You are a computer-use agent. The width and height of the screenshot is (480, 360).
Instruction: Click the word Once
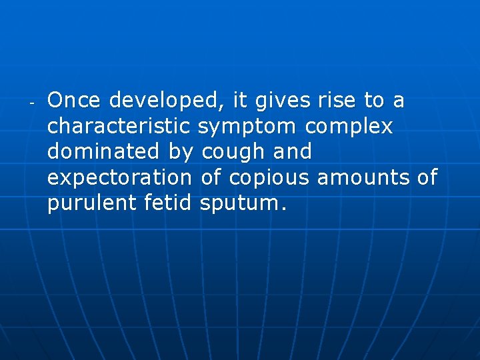tap(75, 101)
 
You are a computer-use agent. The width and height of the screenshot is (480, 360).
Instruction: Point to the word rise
tap(337, 101)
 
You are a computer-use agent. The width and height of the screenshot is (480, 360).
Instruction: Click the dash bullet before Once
tap(31, 104)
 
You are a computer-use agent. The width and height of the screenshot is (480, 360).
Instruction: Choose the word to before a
tap(373, 101)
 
